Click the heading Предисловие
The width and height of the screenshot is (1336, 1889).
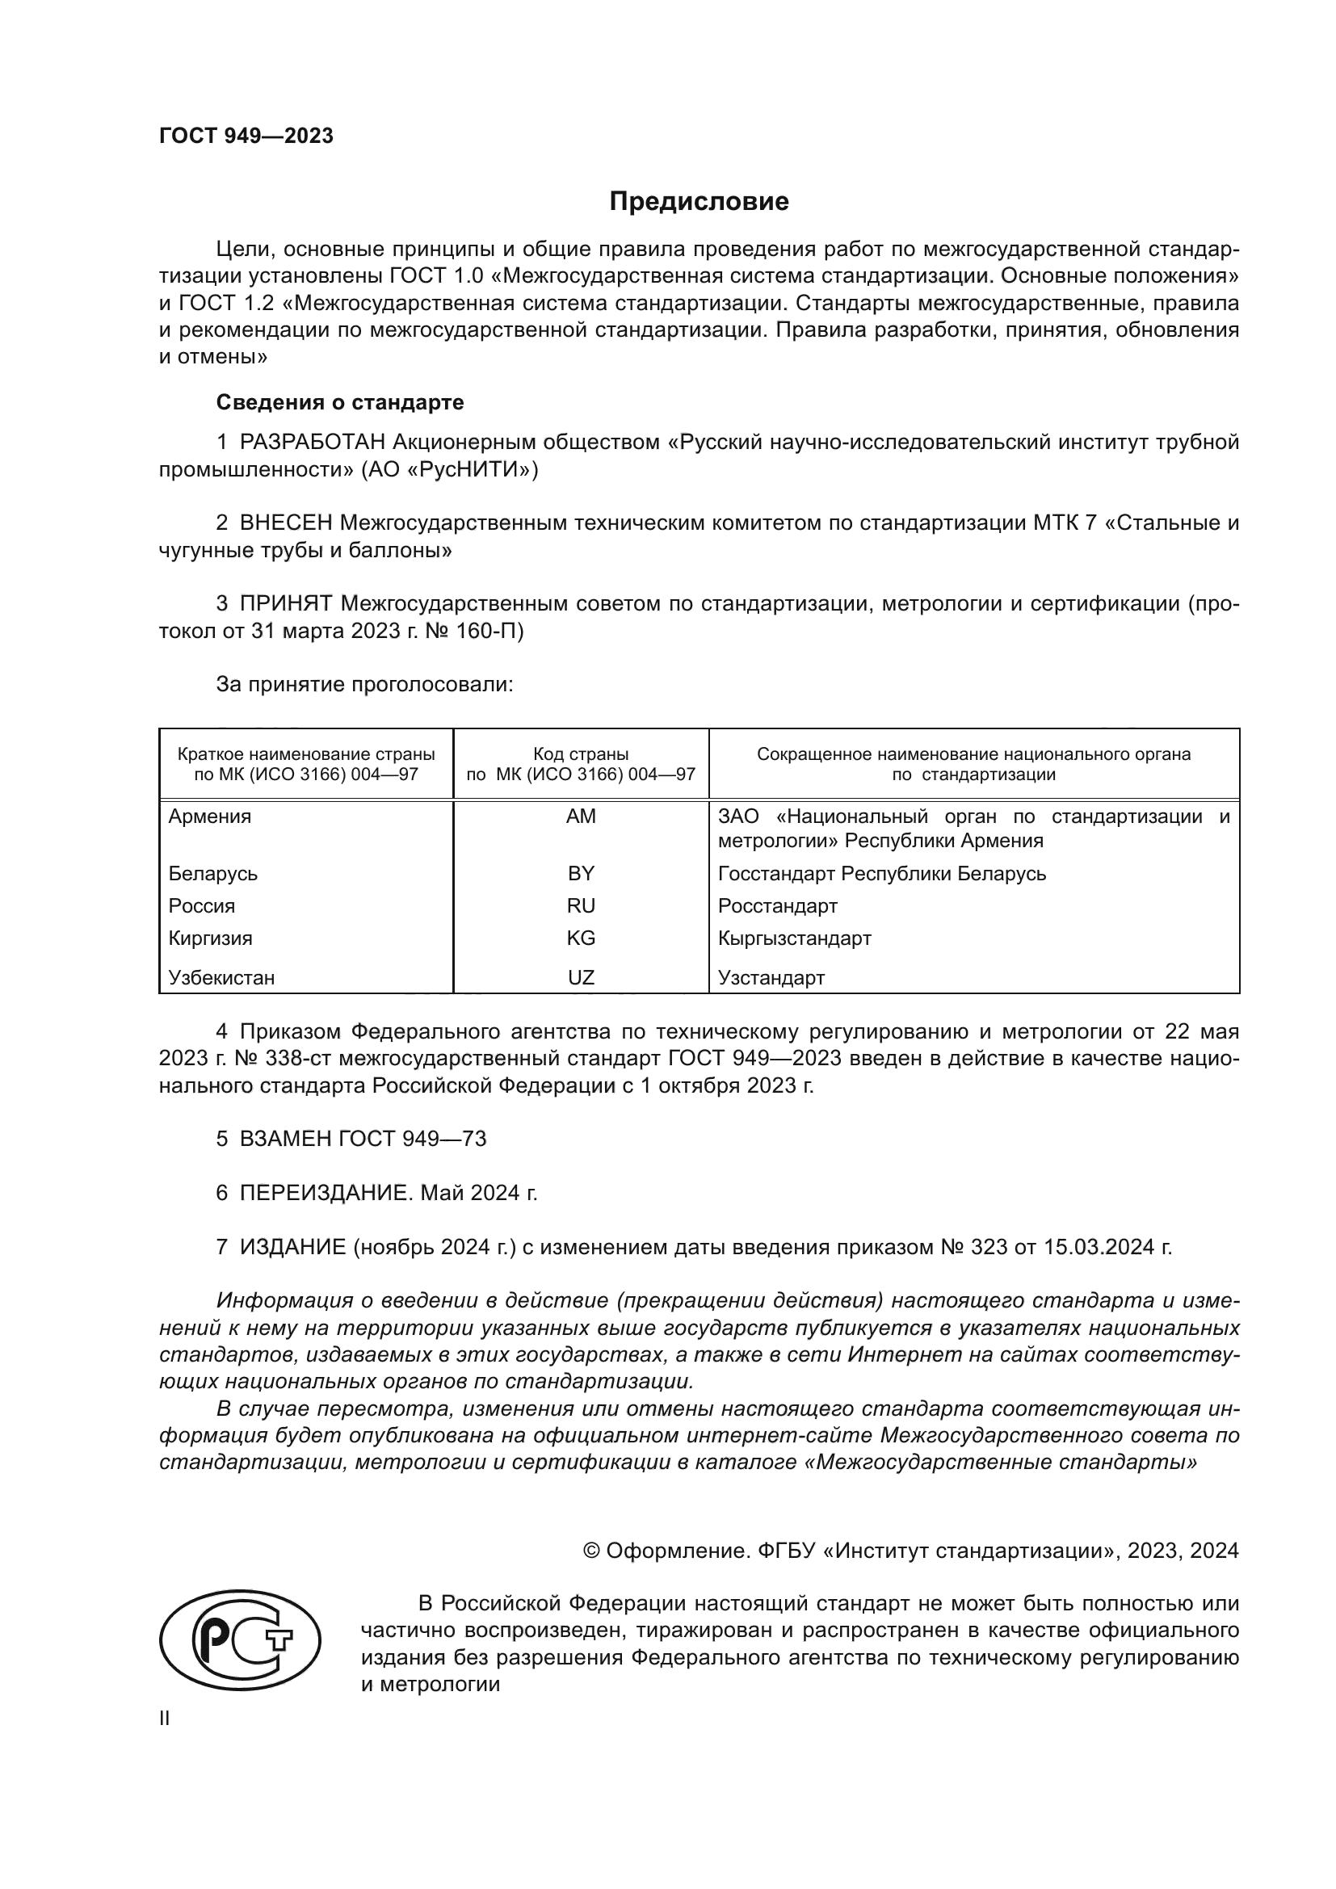point(699,202)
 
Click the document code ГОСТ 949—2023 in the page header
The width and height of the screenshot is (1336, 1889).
point(246,136)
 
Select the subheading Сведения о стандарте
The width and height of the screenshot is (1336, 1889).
point(340,402)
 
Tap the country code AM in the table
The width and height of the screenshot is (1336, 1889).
point(581,816)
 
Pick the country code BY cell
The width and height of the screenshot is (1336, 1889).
point(581,873)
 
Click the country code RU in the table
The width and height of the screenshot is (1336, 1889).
point(581,906)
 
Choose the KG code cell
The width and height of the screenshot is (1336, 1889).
point(581,938)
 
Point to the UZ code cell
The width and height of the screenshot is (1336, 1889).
point(581,977)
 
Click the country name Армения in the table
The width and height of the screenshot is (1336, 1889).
point(210,816)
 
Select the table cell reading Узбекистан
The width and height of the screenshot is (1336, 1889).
point(221,977)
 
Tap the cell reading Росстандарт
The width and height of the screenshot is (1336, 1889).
point(777,906)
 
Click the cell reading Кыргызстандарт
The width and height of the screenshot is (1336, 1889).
point(794,938)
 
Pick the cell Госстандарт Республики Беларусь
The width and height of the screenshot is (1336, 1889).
point(882,873)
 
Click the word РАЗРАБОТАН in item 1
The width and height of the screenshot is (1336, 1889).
point(313,443)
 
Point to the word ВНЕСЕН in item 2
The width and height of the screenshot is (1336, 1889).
point(285,523)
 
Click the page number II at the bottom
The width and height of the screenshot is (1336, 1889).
point(165,1718)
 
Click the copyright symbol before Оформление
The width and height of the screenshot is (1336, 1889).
point(590,1551)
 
